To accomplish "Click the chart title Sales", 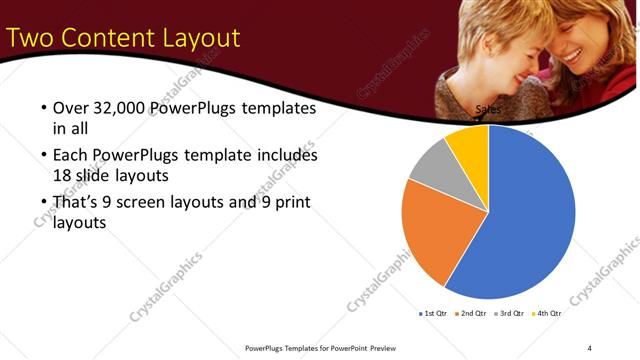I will (488, 110).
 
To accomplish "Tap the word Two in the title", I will (31, 38).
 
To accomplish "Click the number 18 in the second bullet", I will (63, 174).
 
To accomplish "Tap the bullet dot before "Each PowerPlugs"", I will (43, 156).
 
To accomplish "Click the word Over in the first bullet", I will (72, 108).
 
